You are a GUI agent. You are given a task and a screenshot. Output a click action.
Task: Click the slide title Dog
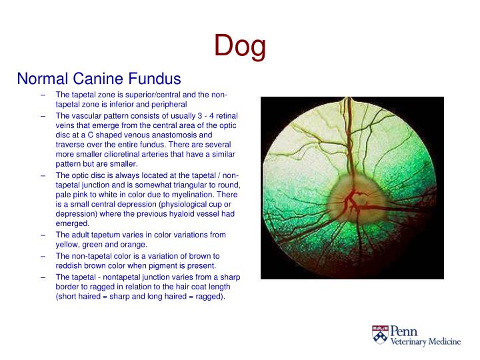coord(240,46)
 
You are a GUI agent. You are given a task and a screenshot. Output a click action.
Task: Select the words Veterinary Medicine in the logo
coord(425,341)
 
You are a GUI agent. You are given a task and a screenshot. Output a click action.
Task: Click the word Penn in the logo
coord(404,330)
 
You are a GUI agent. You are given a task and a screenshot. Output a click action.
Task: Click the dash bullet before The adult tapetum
coord(43,235)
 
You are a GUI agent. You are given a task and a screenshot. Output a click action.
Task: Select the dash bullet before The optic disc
coord(43,175)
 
